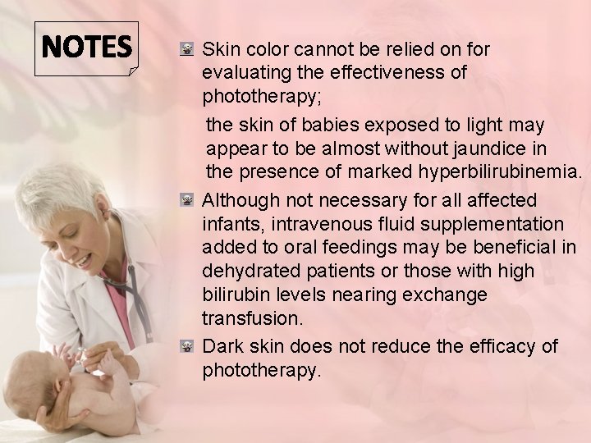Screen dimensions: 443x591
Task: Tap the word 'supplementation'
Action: point(502,223)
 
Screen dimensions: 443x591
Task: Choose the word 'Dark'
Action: point(221,346)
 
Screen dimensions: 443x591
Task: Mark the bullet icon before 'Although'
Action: point(186,201)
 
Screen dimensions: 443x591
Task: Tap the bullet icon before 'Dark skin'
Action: point(186,347)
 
